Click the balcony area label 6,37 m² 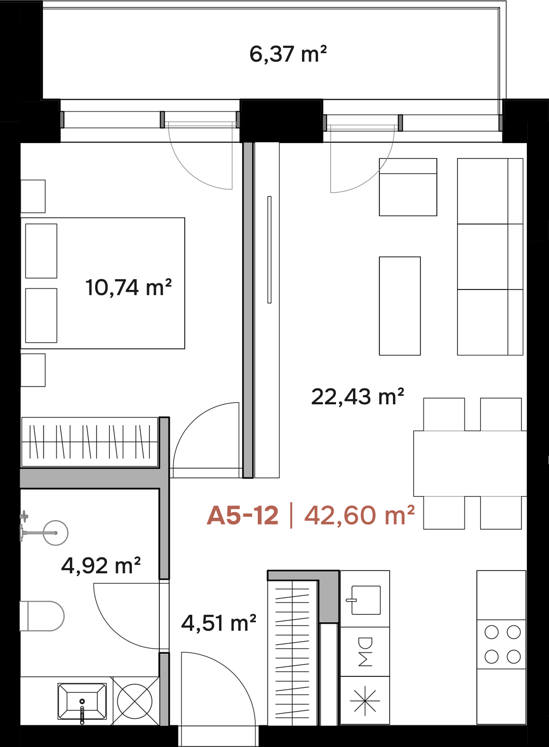[x=288, y=54]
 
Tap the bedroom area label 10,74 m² [x=129, y=288]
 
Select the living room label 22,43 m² [x=358, y=397]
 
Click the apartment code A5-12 [x=242, y=515]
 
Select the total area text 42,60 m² [x=360, y=515]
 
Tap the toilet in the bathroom [x=42, y=616]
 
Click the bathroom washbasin [x=82, y=701]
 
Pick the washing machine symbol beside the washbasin [x=135, y=701]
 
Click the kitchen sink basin [x=366, y=600]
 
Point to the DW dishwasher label [x=365, y=652]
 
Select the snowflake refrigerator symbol [x=365, y=701]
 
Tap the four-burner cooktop [x=502, y=644]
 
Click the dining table [x=470, y=464]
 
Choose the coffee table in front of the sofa [x=400, y=306]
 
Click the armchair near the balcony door [x=408, y=187]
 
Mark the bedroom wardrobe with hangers [x=90, y=442]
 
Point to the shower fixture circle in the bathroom [x=56, y=533]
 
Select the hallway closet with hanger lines [x=293, y=652]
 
